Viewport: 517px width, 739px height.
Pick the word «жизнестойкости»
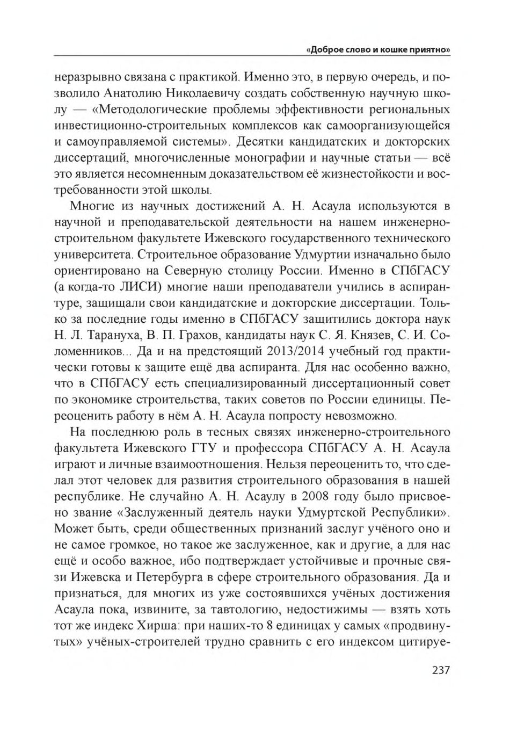click(373, 174)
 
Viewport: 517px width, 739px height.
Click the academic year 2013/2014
click(294, 352)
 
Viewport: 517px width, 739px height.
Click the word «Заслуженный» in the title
click(162, 513)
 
